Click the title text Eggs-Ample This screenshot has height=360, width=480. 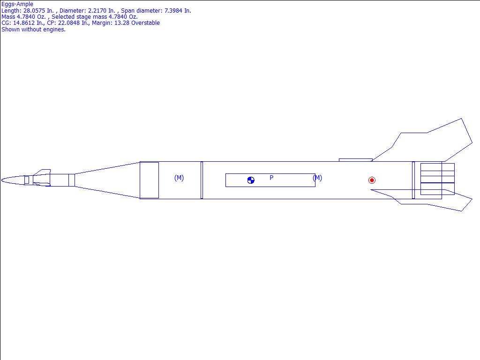click(17, 4)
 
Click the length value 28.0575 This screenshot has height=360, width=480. click(34, 11)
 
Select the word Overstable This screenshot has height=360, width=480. click(145, 23)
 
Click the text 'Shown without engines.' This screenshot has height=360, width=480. click(33, 30)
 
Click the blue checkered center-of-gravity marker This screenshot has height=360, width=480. click(251, 180)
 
